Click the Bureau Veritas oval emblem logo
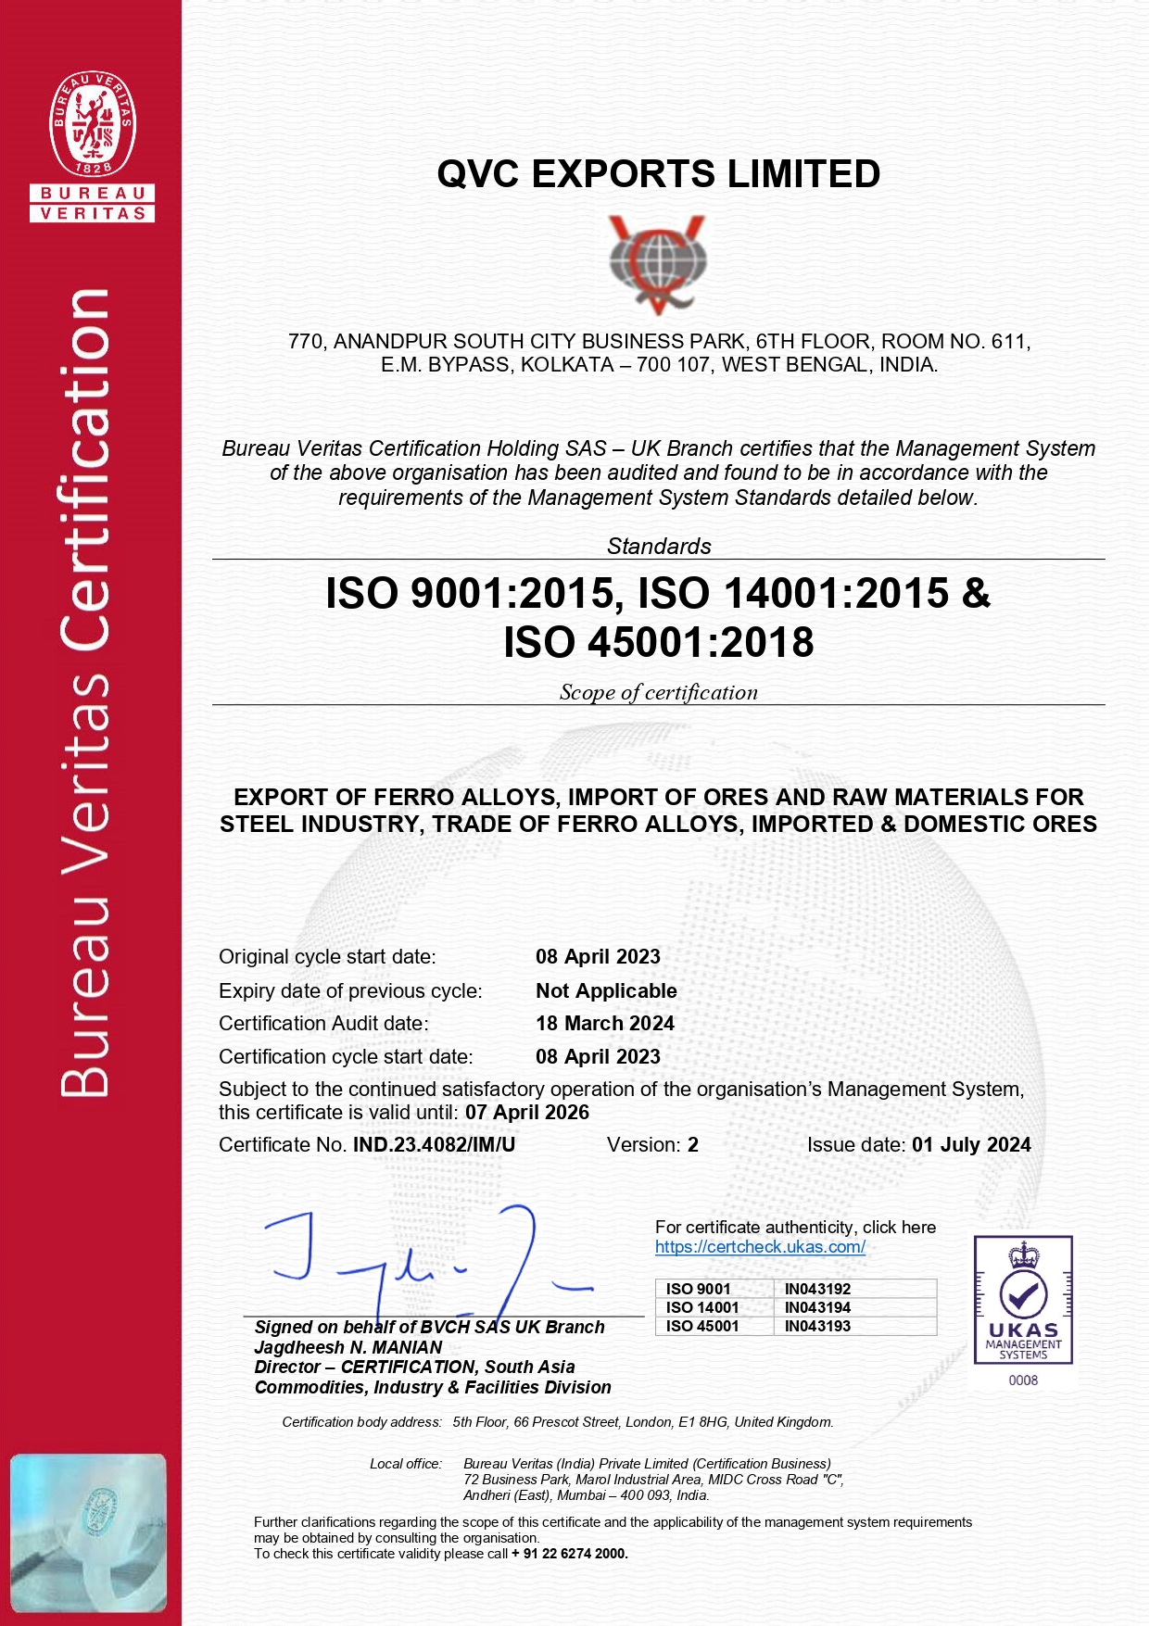(x=93, y=124)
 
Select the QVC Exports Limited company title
(x=658, y=174)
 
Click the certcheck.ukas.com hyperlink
(x=760, y=1247)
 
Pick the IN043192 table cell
(x=817, y=1289)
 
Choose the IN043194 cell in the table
(x=817, y=1307)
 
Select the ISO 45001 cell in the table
(x=702, y=1326)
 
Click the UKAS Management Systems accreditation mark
(x=1023, y=1300)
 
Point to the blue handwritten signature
(x=426, y=1260)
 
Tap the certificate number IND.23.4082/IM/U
(x=434, y=1145)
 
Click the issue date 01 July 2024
(x=971, y=1145)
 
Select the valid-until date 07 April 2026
(x=527, y=1113)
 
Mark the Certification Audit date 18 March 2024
(x=605, y=1024)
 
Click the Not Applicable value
(x=606, y=991)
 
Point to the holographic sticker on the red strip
(x=89, y=1532)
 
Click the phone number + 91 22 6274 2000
(x=570, y=1554)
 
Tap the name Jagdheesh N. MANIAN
(x=348, y=1347)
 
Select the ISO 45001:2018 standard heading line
(x=658, y=642)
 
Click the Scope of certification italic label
(x=658, y=693)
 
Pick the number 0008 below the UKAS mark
(x=1023, y=1380)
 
